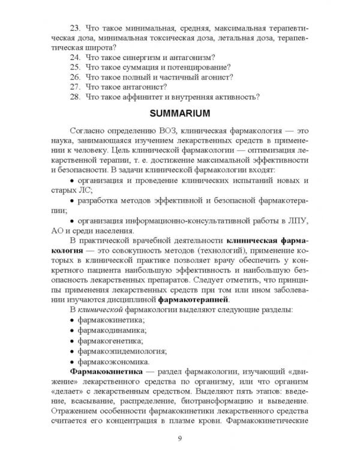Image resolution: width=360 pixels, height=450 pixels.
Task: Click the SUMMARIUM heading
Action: pyautogui.click(x=179, y=113)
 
